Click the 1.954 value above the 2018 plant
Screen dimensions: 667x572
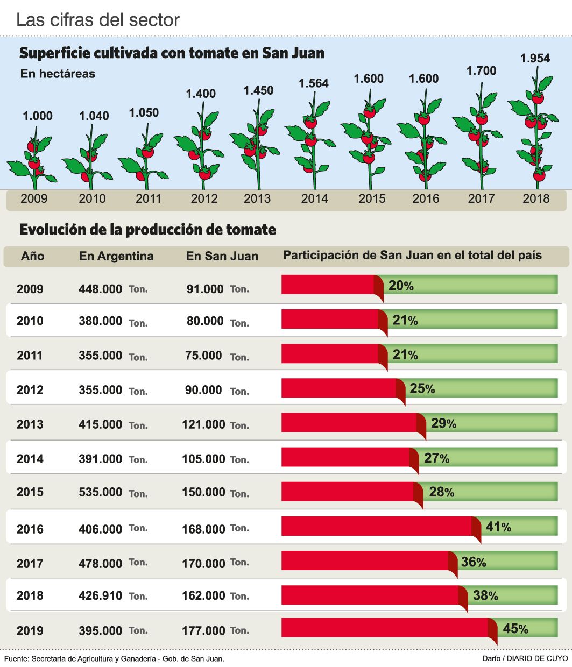(x=535, y=58)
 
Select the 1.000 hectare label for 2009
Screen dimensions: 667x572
(x=38, y=116)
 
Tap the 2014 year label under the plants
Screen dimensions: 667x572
(x=314, y=198)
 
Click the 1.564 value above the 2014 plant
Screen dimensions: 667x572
(x=314, y=83)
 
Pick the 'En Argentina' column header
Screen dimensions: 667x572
(x=116, y=256)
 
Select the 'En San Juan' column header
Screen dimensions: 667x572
(x=222, y=256)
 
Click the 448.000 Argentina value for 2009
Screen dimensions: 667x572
(x=101, y=289)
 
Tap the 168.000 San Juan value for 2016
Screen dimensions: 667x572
(x=203, y=529)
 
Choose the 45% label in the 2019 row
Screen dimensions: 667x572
(x=515, y=628)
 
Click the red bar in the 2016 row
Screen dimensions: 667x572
(x=377, y=526)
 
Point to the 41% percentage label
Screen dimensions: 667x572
(x=498, y=527)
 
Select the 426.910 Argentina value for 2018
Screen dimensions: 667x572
(x=101, y=596)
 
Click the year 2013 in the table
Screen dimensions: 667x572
(x=30, y=424)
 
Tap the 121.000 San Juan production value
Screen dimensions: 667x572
(x=203, y=424)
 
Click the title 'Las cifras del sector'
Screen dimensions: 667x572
(x=98, y=20)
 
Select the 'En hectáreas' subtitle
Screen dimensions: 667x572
(x=58, y=74)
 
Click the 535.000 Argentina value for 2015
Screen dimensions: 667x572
(x=101, y=492)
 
